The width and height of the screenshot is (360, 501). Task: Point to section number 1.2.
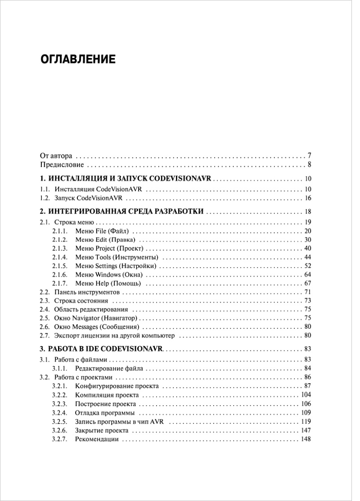point(44,198)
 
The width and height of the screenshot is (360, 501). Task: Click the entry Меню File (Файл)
point(103,231)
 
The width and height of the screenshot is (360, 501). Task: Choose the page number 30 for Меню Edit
point(308,240)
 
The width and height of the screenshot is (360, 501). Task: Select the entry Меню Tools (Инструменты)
point(117,257)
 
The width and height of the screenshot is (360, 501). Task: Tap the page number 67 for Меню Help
point(308,283)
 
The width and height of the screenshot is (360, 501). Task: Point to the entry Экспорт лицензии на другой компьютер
point(114,335)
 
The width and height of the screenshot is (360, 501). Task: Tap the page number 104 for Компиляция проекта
point(306,395)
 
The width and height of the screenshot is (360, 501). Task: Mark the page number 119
point(306,421)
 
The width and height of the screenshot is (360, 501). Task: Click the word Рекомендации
point(97,439)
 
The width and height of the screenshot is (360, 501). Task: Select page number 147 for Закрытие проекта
point(306,430)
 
